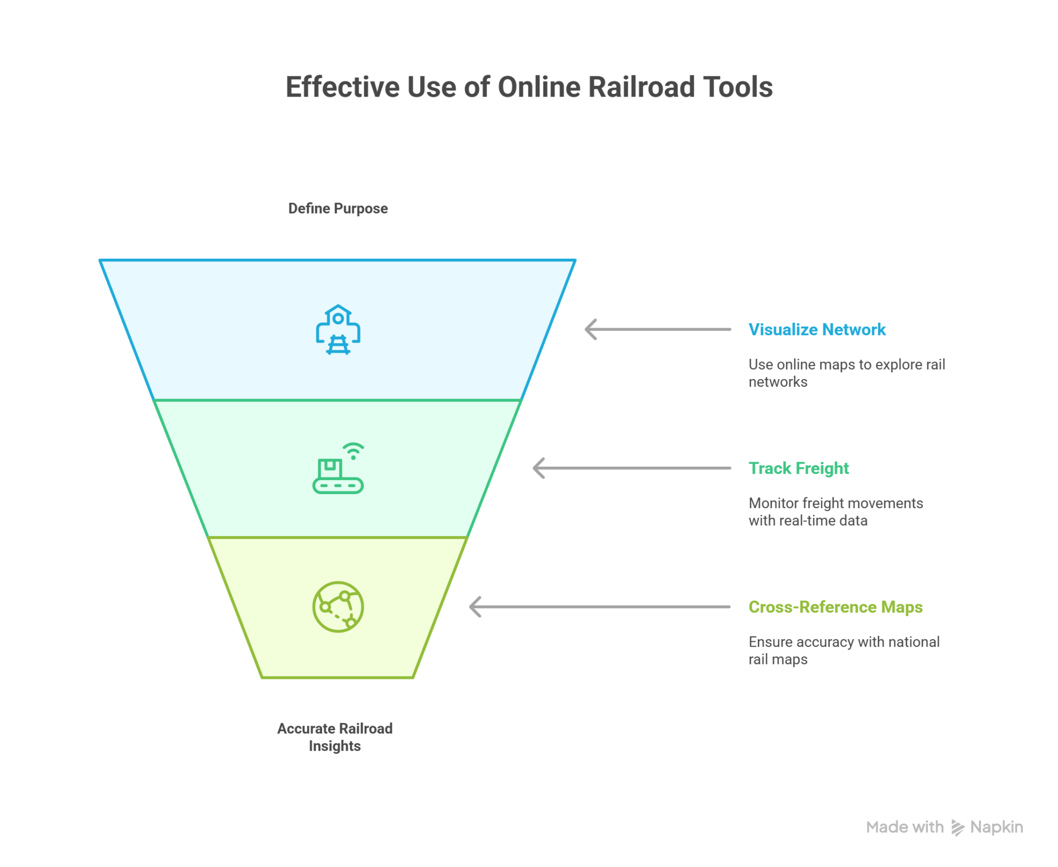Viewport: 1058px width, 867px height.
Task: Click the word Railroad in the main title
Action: [x=641, y=87]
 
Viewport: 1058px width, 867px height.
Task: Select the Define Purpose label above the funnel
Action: [x=338, y=209]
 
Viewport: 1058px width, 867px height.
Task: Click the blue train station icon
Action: [x=338, y=329]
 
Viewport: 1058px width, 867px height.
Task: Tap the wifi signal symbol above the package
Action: [x=354, y=451]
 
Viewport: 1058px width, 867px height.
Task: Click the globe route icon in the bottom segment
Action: [x=338, y=607]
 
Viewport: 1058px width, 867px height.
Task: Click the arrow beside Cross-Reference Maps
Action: [x=599, y=607]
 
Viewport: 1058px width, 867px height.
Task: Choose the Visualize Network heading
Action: [x=817, y=329]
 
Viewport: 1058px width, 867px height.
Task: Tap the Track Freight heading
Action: [x=799, y=468]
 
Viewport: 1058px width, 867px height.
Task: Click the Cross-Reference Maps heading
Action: [x=835, y=607]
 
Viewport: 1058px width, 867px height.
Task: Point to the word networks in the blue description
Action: [x=777, y=382]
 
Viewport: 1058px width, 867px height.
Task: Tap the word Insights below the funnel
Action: [x=335, y=746]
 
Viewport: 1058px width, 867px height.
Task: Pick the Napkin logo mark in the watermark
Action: [x=957, y=828]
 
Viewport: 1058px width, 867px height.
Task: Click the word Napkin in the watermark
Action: [x=997, y=827]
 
